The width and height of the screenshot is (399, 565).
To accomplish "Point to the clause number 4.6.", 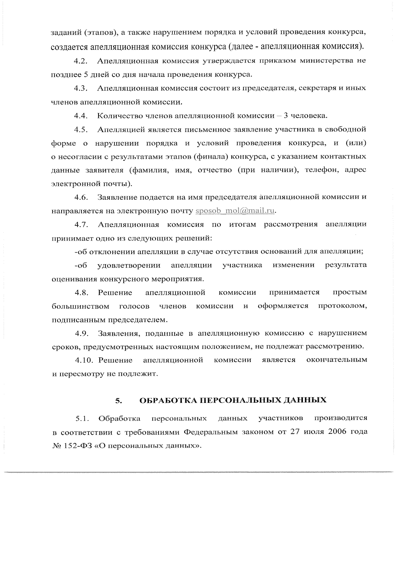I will click(x=81, y=197).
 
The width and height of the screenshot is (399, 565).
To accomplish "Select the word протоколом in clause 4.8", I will click(x=342, y=306).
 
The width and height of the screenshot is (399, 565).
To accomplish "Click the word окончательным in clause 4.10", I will click(x=336, y=360).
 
